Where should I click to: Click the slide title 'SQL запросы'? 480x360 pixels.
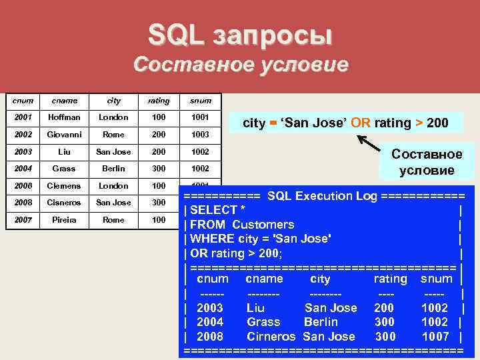[x=240, y=35]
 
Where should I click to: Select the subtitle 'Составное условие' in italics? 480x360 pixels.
[x=240, y=65]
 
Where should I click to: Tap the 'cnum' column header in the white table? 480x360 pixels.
[x=23, y=101]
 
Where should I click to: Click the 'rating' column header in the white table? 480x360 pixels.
[x=159, y=101]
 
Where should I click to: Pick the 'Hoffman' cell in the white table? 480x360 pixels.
[x=64, y=117]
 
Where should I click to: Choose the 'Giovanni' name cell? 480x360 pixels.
[x=64, y=134]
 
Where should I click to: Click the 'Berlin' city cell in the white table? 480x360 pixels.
[x=114, y=169]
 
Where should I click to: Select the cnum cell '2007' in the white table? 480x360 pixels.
[x=23, y=219]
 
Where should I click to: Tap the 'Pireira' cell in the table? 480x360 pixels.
[x=64, y=219]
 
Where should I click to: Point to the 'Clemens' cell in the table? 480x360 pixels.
[x=64, y=186]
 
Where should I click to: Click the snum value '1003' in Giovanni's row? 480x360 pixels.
[x=200, y=134]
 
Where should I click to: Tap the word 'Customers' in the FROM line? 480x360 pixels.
[x=263, y=225]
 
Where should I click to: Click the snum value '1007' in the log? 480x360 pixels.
[x=435, y=337]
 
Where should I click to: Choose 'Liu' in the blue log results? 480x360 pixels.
[x=255, y=308]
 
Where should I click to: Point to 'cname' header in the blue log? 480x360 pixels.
[x=264, y=279]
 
